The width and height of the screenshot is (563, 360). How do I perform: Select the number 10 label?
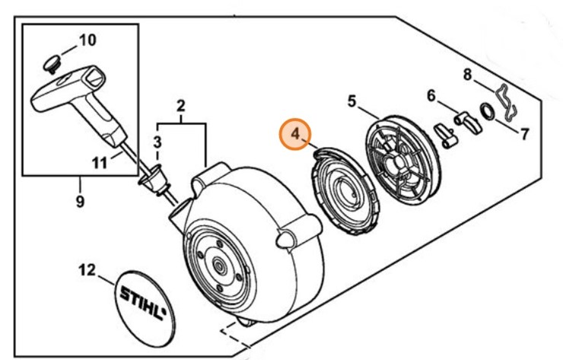[x=88, y=40]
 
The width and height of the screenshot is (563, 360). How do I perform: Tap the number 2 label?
[x=181, y=104]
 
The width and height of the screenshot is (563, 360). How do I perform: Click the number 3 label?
[x=157, y=142]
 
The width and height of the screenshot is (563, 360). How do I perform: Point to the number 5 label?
[x=351, y=100]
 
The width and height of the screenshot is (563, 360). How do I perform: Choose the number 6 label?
[x=431, y=96]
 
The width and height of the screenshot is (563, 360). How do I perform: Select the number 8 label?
[x=469, y=75]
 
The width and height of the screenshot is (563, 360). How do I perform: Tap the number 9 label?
[x=80, y=202]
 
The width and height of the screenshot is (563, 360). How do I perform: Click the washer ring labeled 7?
[x=487, y=111]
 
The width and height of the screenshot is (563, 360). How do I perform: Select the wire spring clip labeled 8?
[x=504, y=99]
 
